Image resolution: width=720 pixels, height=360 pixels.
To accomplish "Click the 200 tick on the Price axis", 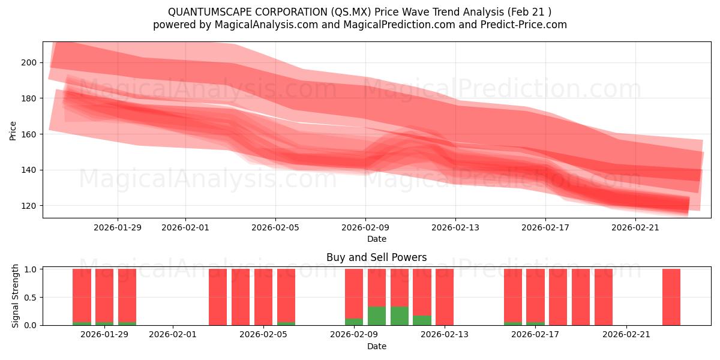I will click(x=29, y=62).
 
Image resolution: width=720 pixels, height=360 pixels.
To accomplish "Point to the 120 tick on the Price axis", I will click(x=29, y=206).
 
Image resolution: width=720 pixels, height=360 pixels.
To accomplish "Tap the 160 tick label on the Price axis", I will click(x=29, y=134).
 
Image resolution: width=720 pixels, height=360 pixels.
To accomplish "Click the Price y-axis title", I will click(x=13, y=130).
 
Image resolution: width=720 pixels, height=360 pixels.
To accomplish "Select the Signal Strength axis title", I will click(x=16, y=296).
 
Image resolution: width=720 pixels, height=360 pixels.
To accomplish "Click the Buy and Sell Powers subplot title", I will click(x=376, y=257).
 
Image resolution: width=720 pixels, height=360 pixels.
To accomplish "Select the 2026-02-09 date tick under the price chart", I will click(x=365, y=227).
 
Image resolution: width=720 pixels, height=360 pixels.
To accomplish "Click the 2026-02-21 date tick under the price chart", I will click(x=635, y=227).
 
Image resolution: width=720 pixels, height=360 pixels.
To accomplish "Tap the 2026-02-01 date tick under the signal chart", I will click(x=173, y=334).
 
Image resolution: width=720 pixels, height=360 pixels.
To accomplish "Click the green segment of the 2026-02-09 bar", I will click(x=354, y=322).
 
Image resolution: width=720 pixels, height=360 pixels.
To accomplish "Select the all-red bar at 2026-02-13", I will click(x=445, y=297).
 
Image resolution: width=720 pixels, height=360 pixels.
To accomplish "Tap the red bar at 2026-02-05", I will click(x=263, y=297).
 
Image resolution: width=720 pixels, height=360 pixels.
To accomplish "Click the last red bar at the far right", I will click(x=671, y=297).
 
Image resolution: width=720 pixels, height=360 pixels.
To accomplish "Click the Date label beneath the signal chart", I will click(x=376, y=346).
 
